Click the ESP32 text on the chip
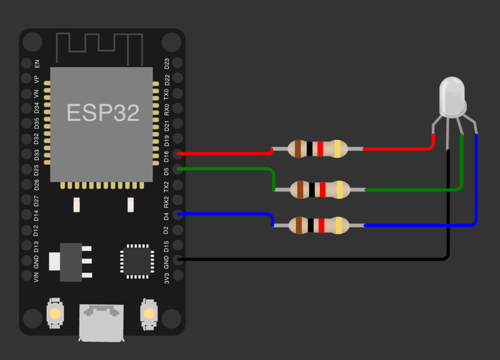click(x=103, y=112)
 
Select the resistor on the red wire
click(x=317, y=149)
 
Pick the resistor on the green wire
click(x=321, y=189)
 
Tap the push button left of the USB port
click(x=56, y=312)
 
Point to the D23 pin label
click(x=167, y=64)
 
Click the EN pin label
click(x=37, y=64)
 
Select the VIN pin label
click(x=37, y=276)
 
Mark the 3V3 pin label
click(x=167, y=276)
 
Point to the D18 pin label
click(x=167, y=155)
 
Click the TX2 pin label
click(x=167, y=186)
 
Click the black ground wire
click(x=312, y=258)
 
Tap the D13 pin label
click(x=37, y=246)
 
